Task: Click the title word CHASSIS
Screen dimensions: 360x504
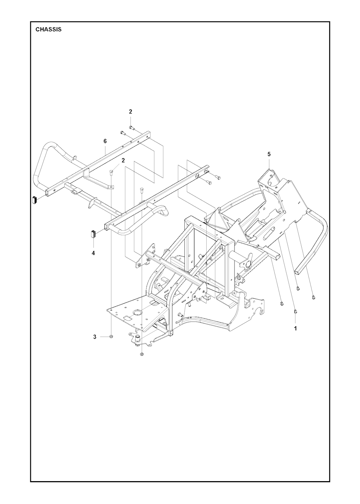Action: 49,30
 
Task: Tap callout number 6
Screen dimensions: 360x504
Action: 105,141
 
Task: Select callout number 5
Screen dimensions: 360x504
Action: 269,154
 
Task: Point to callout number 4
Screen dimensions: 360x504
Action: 93,253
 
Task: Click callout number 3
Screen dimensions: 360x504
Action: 95,343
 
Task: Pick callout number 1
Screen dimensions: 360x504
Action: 295,329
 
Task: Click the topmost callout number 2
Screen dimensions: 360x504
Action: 130,112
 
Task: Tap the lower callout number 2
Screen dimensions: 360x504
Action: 123,160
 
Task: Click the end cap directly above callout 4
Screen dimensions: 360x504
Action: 93,234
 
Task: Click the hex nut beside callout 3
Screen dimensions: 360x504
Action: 111,343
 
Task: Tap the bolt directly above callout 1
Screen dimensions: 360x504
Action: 296,311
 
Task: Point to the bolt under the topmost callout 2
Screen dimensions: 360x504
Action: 132,128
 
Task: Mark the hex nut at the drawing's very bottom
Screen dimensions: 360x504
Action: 142,361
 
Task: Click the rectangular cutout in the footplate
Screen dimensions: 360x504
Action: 128,318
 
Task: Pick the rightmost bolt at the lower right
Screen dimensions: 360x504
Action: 314,297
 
